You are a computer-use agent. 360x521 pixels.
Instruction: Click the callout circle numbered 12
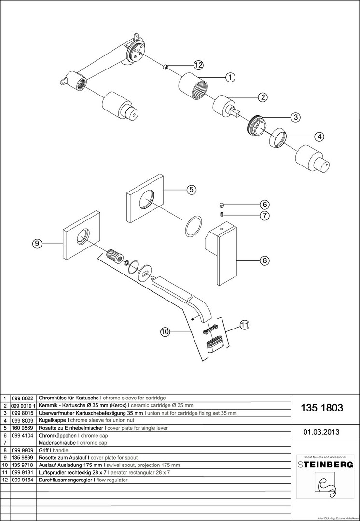point(198,65)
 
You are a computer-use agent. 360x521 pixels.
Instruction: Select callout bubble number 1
point(230,77)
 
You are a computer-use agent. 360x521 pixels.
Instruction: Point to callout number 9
point(37,244)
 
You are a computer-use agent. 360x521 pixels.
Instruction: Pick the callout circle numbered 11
point(244,325)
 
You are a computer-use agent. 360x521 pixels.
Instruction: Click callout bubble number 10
point(165,331)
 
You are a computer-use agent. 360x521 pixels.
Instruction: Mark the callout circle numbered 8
point(264,260)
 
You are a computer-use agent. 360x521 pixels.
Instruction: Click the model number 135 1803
point(322,408)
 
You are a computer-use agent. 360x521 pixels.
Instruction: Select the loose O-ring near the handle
point(193,225)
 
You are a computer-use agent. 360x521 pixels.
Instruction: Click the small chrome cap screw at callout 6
point(222,205)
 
